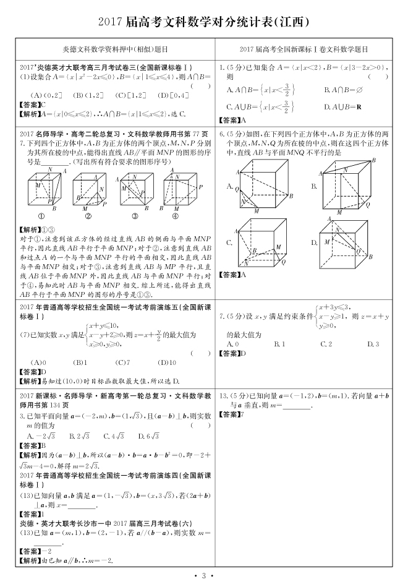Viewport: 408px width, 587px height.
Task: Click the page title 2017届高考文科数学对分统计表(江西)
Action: (203, 22)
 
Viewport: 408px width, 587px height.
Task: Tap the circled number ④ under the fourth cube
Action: (175, 216)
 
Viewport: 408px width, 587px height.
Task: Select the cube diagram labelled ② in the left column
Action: (88, 192)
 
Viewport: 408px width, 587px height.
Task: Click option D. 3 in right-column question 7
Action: (373, 343)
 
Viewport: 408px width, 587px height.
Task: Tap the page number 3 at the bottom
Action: (203, 576)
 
